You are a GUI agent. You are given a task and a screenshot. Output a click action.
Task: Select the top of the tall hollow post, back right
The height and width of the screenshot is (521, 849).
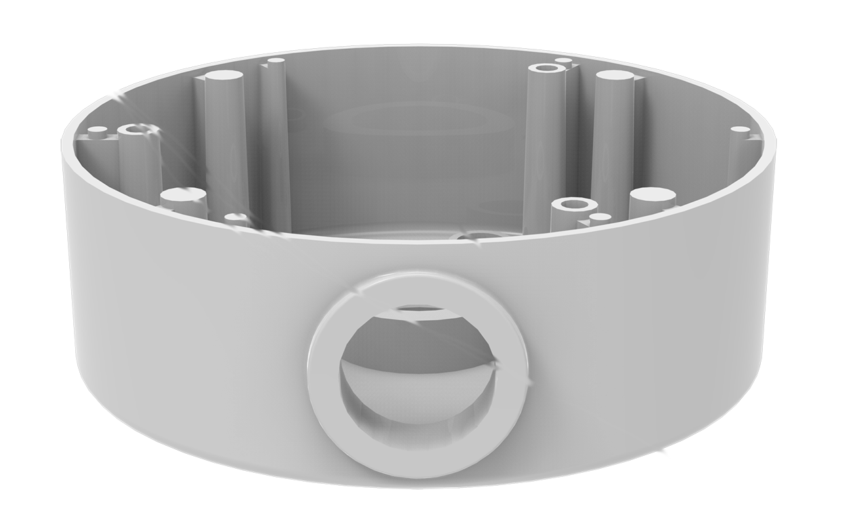[544, 69]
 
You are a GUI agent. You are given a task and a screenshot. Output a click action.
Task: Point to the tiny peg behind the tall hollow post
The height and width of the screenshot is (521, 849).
[563, 62]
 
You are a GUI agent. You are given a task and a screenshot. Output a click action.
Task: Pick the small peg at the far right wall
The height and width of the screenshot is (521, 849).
[740, 129]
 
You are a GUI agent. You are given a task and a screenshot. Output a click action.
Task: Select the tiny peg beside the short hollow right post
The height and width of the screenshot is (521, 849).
[601, 218]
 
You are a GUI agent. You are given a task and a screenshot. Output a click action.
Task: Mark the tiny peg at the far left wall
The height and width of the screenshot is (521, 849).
[98, 129]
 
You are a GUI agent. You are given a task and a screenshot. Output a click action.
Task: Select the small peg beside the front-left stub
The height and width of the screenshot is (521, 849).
[236, 218]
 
